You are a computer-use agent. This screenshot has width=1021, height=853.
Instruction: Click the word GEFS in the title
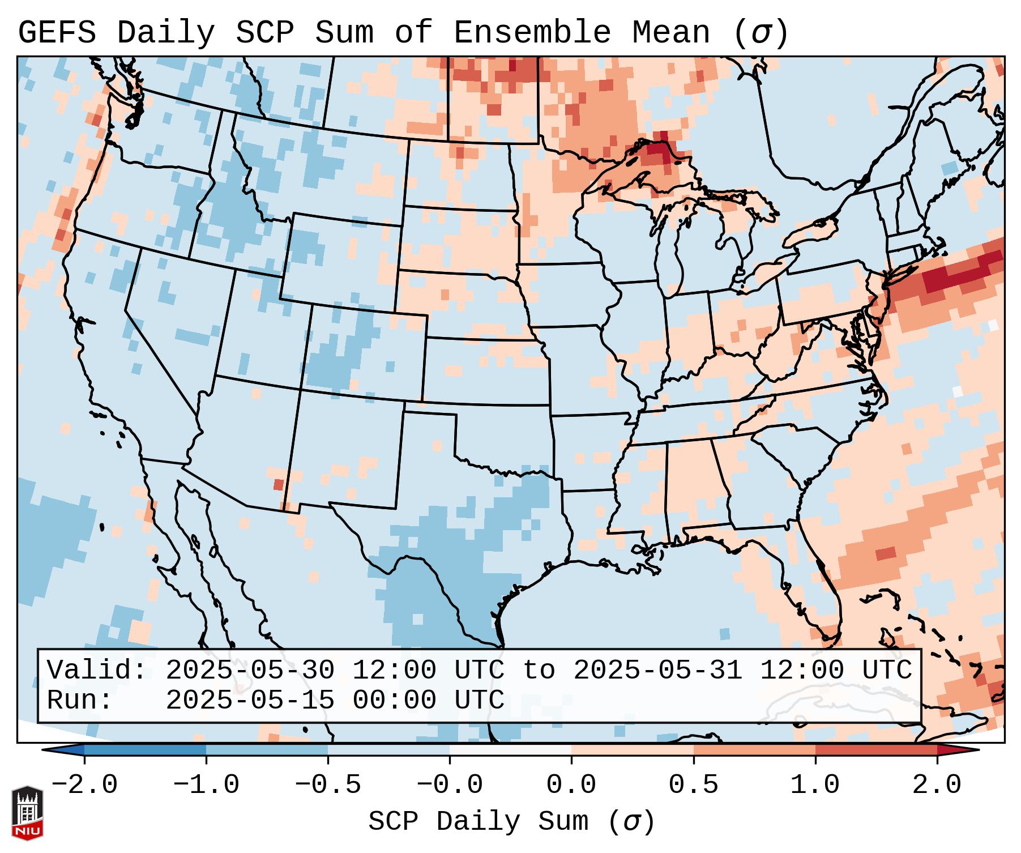tap(57, 33)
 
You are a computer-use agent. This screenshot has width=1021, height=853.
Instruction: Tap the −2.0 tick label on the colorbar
tap(84, 785)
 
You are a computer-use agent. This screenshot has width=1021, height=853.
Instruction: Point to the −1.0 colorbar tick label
tap(206, 785)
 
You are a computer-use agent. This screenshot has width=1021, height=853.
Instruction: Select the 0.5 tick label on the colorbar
tap(693, 785)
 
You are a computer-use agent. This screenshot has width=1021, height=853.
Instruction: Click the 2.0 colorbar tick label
tap(937, 785)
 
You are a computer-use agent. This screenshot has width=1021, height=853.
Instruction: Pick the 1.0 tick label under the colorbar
tap(815, 785)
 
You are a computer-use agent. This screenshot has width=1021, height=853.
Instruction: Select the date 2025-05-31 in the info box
tap(658, 671)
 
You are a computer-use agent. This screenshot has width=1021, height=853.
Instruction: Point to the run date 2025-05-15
tap(250, 701)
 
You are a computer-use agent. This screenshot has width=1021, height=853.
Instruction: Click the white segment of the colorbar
tap(510, 750)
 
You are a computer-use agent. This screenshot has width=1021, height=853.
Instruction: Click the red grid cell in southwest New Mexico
tap(278, 484)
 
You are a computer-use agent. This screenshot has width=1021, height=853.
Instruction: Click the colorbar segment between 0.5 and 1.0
tap(754, 750)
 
